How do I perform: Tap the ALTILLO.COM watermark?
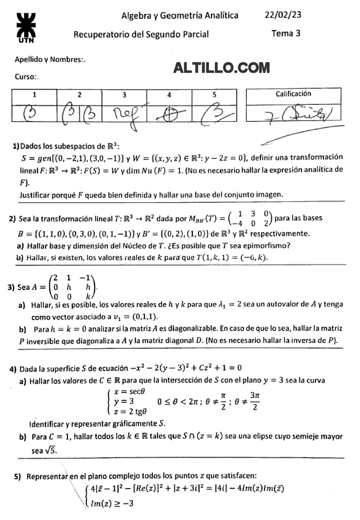click(222, 67)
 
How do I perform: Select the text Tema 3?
click(286, 34)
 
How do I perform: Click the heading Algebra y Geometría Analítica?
click(179, 15)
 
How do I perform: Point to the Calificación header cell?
click(293, 94)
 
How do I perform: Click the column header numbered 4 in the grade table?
click(169, 95)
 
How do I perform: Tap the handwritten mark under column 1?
click(33, 112)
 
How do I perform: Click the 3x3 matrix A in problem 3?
click(71, 287)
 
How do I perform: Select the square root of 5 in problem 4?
click(51, 450)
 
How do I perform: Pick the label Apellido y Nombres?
click(50, 60)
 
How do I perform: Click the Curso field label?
click(28, 77)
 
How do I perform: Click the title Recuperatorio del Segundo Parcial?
click(141, 34)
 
